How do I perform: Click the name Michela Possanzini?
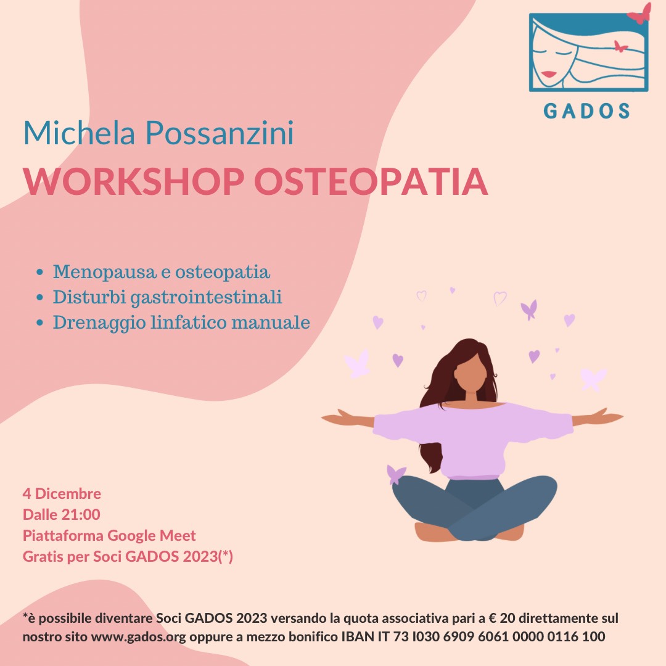(158, 133)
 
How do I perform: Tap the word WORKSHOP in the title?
(133, 181)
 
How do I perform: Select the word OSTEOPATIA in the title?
(371, 181)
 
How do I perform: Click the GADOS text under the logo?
(586, 111)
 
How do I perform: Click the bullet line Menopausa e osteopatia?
(162, 272)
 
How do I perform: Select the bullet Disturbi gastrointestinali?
(167, 297)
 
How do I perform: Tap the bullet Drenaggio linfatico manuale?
(181, 322)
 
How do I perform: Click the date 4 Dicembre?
(62, 493)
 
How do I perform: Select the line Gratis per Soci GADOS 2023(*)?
(128, 556)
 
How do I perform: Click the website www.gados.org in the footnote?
(139, 636)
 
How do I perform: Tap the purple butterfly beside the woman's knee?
(396, 474)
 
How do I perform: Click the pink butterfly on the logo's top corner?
(639, 14)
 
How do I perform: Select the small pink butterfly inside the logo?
(620, 46)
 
